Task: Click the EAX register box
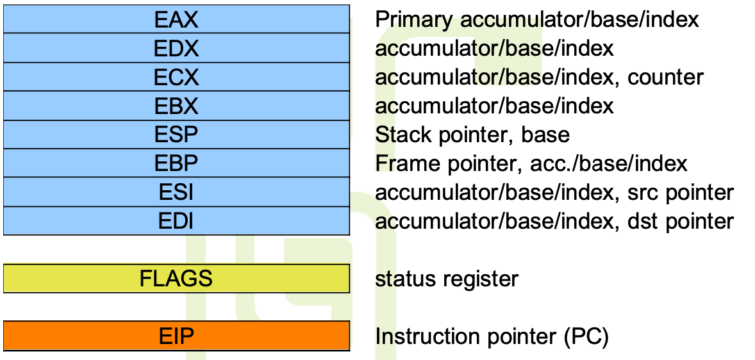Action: pos(176,19)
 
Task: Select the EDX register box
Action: pos(176,48)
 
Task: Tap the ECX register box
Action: pos(176,77)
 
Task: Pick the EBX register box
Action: pos(176,106)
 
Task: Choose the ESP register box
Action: pos(176,135)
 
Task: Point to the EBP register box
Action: pos(176,163)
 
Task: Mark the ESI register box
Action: pos(176,192)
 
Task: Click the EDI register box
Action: pos(176,221)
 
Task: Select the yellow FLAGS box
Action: pos(176,279)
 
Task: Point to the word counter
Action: pos(665,78)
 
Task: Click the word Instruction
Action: pos(425,336)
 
